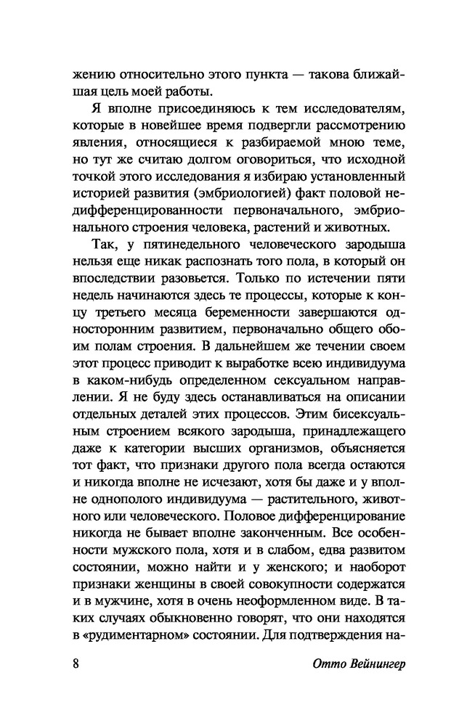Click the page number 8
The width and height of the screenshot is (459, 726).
pyautogui.click(x=76, y=667)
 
